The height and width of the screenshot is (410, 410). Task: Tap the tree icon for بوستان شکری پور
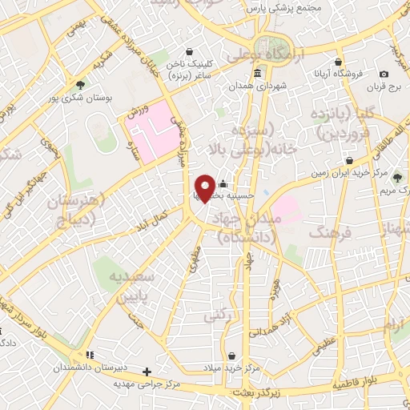coord(80,84)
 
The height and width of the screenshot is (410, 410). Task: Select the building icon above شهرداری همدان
coord(257,74)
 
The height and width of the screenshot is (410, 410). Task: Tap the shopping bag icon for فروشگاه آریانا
coord(339,62)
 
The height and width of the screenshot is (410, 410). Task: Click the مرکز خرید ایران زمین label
coord(353,173)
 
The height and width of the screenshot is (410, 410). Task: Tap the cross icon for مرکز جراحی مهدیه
coord(147,372)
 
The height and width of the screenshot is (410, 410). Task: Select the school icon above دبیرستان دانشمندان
coord(90,355)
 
